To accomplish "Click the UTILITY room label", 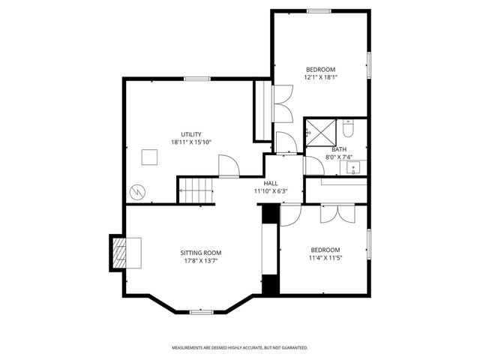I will (185, 134).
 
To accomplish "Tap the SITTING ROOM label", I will (200, 253).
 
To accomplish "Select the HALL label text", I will (271, 183).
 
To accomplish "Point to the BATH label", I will (328, 149).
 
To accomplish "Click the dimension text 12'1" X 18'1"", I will (321, 76).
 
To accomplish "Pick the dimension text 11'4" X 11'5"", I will (325, 258).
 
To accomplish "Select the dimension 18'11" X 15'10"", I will (191, 142).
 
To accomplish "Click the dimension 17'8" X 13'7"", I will (200, 261).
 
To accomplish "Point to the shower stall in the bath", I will (321, 132).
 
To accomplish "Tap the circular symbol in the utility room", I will (137, 192).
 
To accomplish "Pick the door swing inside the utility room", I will (227, 166).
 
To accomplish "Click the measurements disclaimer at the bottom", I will (240, 348).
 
